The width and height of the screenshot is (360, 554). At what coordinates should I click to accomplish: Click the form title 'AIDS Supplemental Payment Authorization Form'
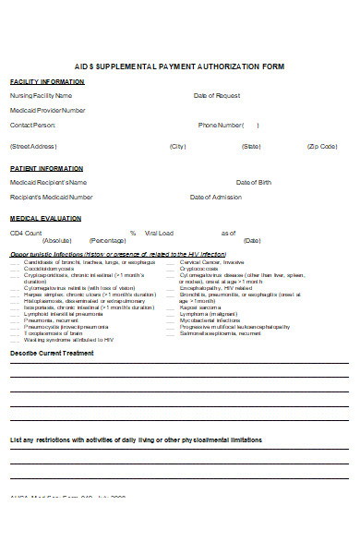(179, 66)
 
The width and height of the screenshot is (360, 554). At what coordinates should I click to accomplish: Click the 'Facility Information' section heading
(47, 81)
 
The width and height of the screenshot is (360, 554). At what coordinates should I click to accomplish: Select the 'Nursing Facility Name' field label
(41, 95)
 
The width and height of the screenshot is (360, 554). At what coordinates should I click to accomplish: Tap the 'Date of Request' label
(217, 95)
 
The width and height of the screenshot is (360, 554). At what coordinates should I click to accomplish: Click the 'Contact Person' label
(33, 125)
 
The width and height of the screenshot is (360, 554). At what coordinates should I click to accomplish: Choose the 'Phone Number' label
(221, 125)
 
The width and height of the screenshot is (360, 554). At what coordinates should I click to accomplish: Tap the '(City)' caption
(178, 147)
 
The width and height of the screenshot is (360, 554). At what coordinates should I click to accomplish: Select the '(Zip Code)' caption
(322, 147)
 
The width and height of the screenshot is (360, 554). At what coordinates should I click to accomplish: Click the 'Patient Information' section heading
(46, 168)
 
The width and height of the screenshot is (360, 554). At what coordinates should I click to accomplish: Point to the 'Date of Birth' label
(254, 182)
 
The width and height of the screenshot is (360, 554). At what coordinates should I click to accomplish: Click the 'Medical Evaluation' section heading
(45, 219)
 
